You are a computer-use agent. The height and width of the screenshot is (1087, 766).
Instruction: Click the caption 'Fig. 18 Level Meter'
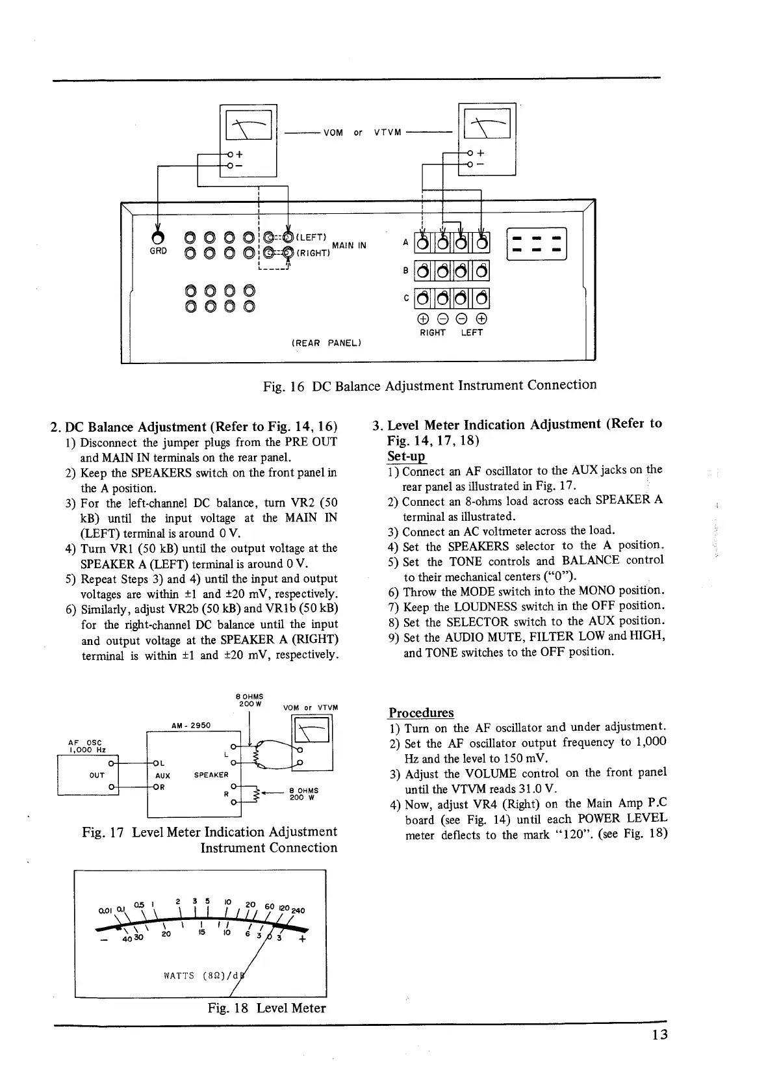pos(266,1008)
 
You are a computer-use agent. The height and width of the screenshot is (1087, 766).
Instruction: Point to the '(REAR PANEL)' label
pos(326,343)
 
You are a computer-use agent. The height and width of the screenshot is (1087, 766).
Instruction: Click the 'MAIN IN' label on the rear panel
pos(350,245)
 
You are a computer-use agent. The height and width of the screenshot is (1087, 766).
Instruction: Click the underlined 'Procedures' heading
pos(421,713)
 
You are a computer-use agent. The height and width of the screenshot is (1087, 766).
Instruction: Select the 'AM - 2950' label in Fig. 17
pos(190,725)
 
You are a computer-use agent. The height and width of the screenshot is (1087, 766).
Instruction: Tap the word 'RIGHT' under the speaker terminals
pos(432,333)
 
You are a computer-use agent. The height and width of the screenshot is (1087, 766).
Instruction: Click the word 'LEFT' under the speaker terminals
pos(472,333)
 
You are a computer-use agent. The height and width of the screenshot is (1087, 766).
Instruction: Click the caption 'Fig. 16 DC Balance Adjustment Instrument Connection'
pos(429,385)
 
